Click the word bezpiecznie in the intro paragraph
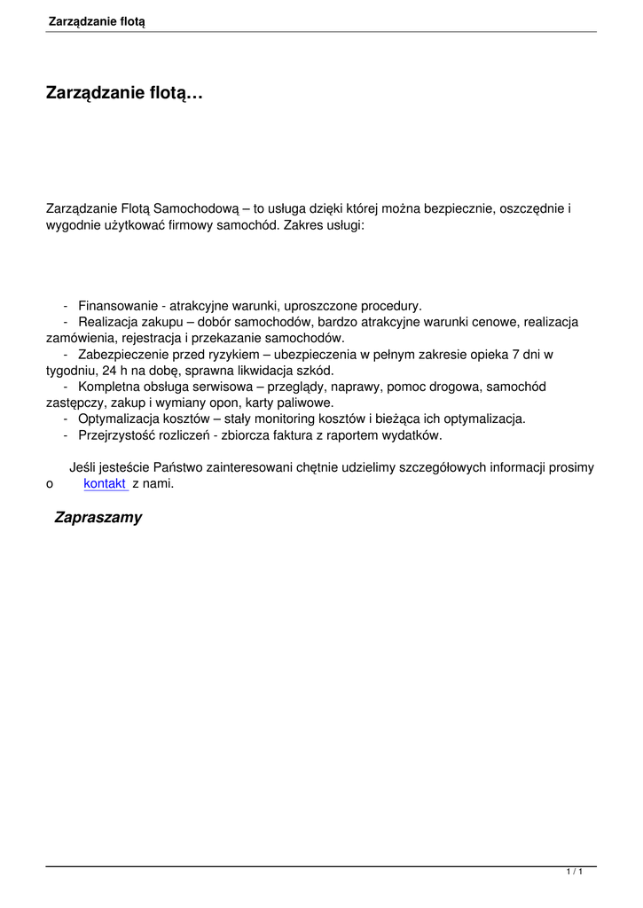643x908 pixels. coord(463,209)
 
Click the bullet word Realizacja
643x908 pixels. coord(108,322)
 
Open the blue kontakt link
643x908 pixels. coord(105,483)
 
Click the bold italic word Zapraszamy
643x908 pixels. coord(98,518)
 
